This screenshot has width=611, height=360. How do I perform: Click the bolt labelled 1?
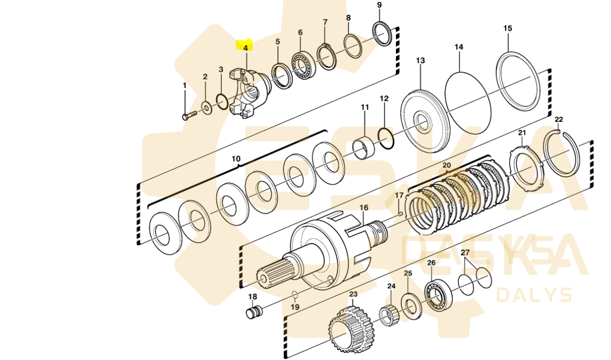pyautogui.click(x=189, y=116)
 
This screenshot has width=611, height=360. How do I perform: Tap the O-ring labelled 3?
pyautogui.click(x=222, y=102)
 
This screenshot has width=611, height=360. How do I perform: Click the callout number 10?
pyautogui.click(x=236, y=159)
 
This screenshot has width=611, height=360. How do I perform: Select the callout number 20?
pyautogui.click(x=447, y=165)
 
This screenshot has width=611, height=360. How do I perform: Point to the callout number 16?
pyautogui.click(x=363, y=207)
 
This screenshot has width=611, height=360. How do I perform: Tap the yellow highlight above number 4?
pyautogui.click(x=243, y=44)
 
